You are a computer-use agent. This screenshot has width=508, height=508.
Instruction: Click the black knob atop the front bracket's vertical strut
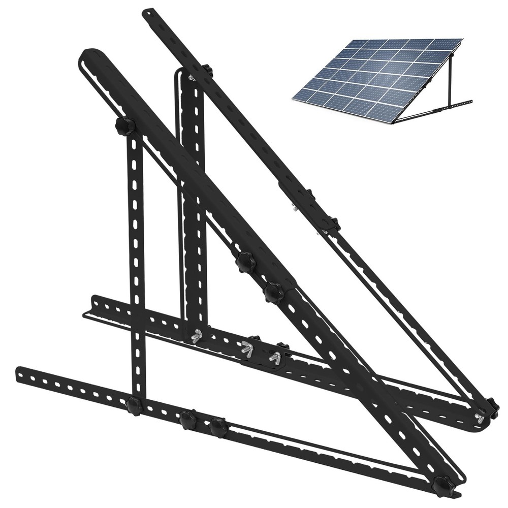point(124,125)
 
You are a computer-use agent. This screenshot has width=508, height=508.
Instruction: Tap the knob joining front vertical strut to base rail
point(134,405)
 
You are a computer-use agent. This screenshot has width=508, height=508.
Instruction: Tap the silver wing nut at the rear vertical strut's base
point(197,336)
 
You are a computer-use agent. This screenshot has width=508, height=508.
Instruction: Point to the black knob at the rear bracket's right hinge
point(491,407)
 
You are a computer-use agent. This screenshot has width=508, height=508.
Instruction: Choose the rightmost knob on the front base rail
point(218,427)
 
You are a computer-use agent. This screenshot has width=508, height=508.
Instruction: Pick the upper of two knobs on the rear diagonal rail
point(309,195)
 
